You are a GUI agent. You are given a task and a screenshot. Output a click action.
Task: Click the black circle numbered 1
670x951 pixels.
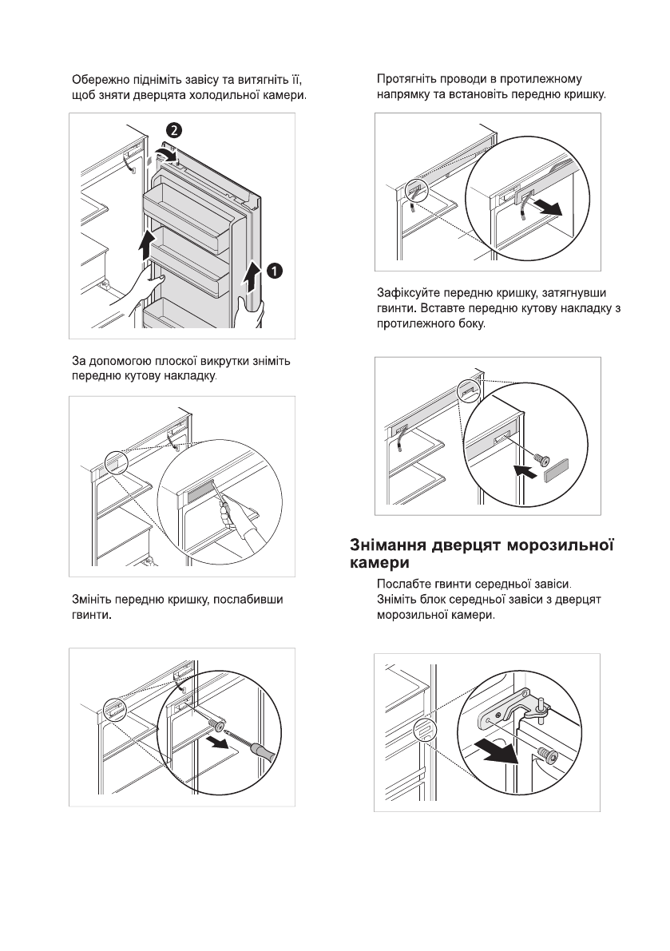pyautogui.click(x=274, y=271)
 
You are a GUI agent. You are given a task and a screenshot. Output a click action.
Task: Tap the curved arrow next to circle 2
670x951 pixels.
pyautogui.click(x=164, y=152)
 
